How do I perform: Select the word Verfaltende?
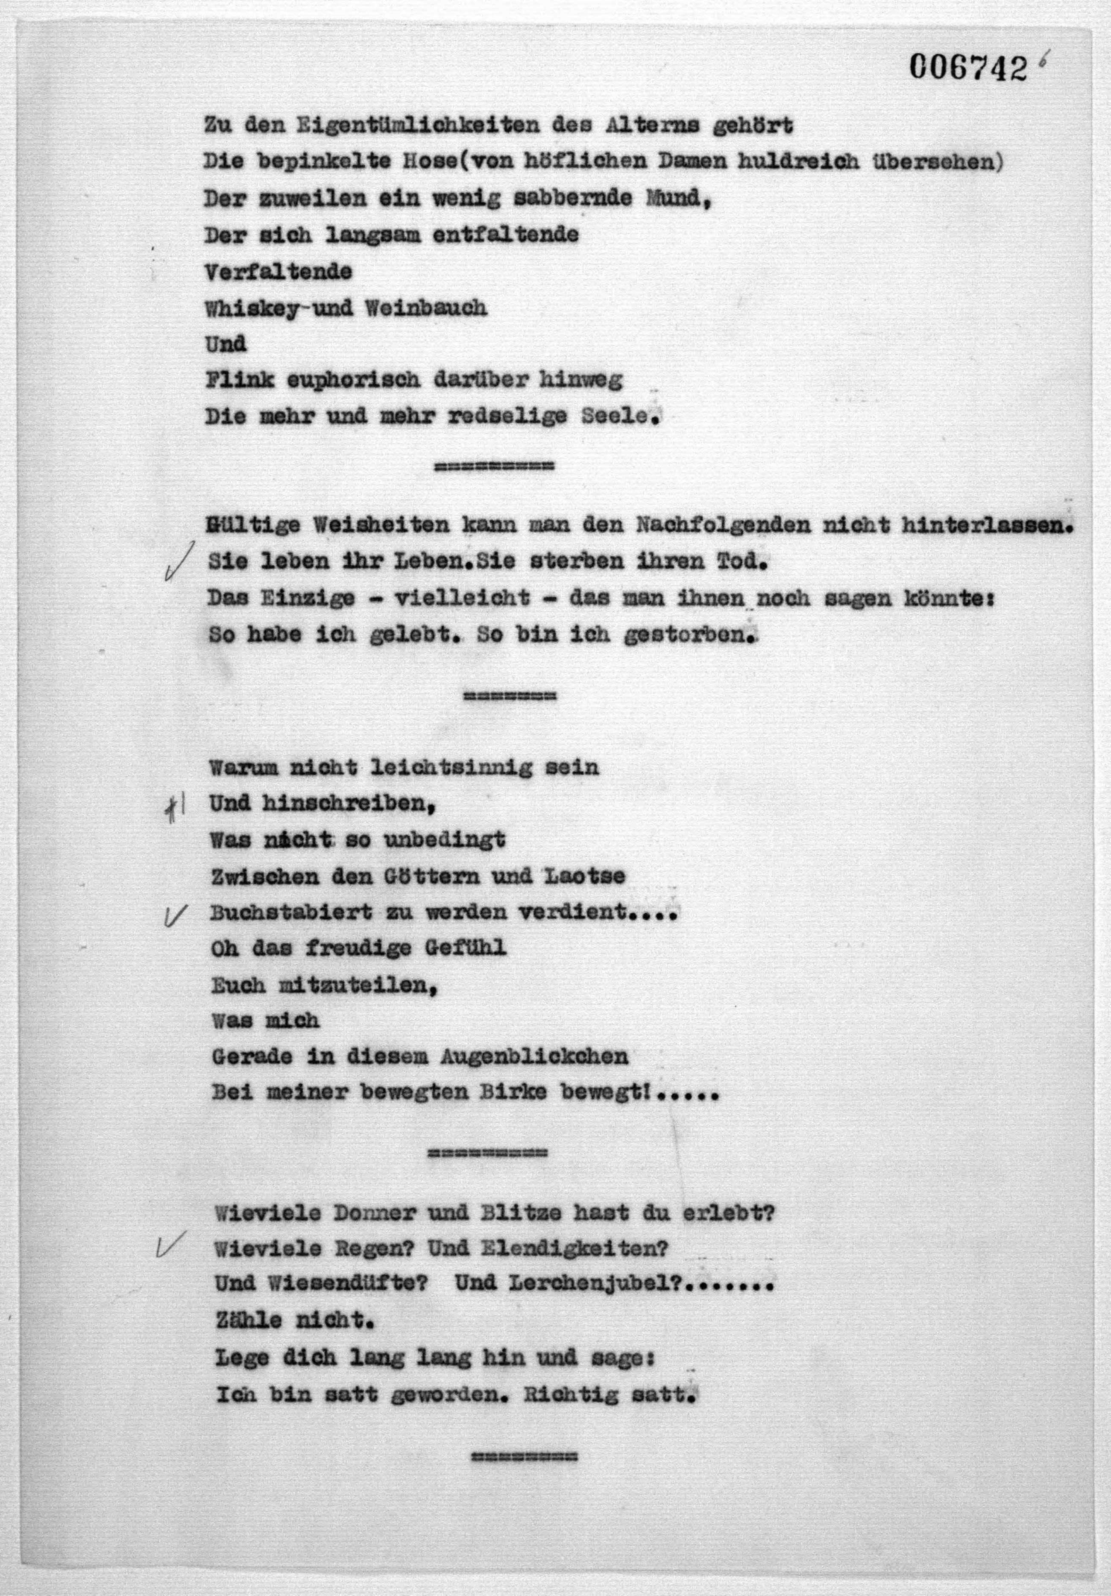tap(278, 271)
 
